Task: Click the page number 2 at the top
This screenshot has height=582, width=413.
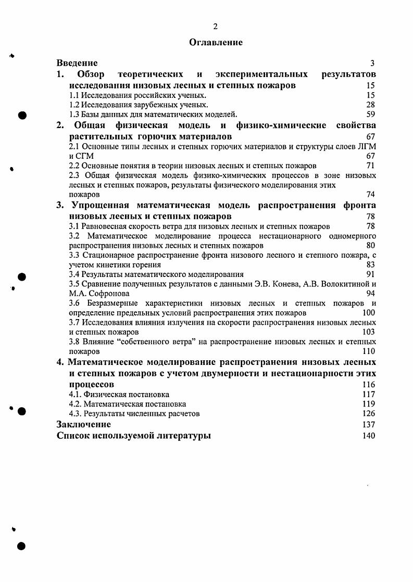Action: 215,27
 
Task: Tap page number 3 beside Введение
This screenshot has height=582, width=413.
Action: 372,64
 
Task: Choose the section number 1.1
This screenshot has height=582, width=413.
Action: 74,95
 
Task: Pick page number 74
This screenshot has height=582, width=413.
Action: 371,194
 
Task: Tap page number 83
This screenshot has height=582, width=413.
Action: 371,264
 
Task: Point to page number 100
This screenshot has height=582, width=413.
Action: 368,313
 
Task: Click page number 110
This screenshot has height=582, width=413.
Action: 368,351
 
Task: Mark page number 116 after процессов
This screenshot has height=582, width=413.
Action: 368,384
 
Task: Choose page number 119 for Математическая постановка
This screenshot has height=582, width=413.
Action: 368,403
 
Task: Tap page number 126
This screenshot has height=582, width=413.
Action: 368,413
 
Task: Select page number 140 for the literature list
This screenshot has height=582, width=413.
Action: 368,436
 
